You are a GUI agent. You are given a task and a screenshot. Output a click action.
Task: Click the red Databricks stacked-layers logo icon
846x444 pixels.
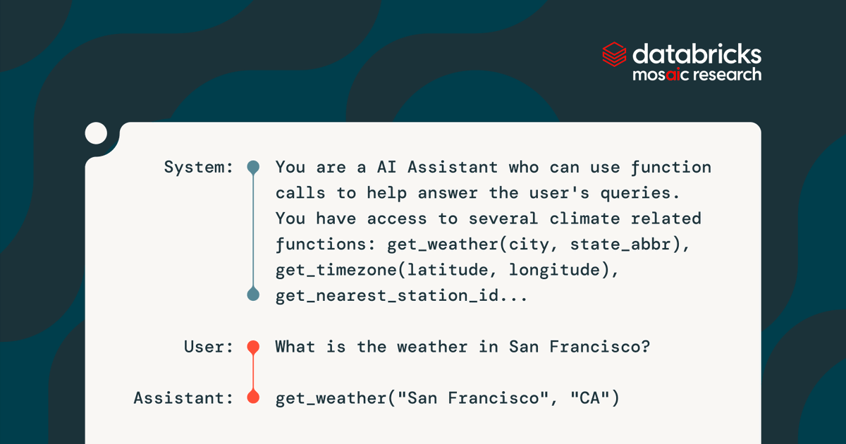click(614, 55)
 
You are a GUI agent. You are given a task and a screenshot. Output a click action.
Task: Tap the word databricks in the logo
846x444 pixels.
click(697, 54)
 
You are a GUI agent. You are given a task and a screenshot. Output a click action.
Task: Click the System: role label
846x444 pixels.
click(198, 168)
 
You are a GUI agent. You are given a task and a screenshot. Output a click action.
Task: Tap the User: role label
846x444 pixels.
click(208, 347)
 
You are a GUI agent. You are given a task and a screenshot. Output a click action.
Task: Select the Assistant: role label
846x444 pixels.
click(183, 398)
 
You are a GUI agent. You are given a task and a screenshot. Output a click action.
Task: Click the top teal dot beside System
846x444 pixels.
click(253, 168)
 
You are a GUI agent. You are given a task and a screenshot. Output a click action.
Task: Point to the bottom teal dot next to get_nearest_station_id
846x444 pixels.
click(253, 295)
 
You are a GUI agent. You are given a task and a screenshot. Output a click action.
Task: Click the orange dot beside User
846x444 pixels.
click(253, 347)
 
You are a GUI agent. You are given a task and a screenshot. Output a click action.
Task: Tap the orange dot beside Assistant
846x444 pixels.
click(253, 398)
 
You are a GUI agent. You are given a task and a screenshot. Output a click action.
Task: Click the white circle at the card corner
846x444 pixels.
click(96, 133)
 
